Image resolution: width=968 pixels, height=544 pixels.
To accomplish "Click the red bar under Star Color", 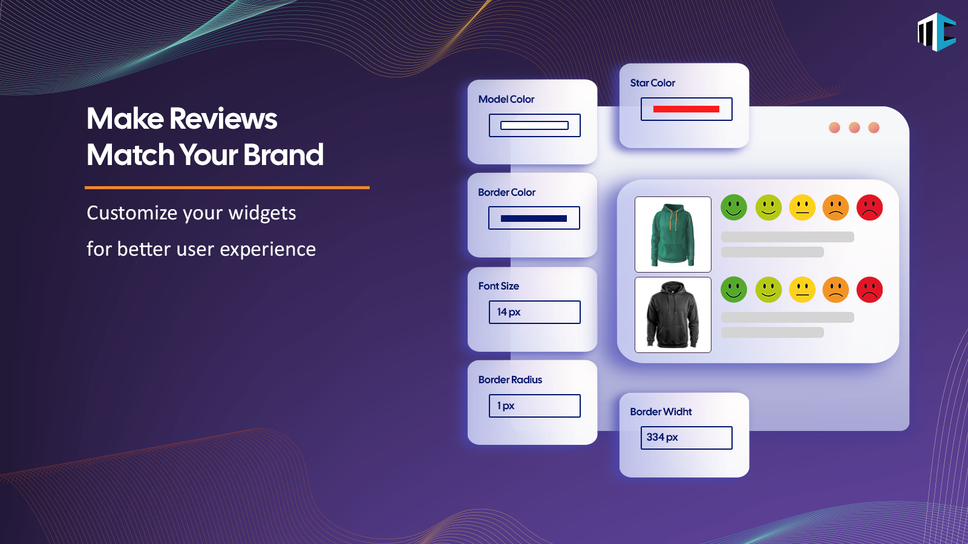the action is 686,109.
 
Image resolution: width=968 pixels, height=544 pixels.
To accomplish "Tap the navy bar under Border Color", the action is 534,218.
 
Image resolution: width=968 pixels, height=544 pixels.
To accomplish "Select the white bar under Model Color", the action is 534,126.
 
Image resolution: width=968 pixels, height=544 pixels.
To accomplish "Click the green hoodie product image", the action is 673,235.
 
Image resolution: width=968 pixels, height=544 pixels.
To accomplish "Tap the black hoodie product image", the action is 673,315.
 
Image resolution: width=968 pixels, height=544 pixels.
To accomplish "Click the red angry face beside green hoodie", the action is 869,208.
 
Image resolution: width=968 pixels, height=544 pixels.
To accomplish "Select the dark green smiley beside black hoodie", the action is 734,290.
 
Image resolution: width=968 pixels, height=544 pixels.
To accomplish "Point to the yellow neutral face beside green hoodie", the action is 802,208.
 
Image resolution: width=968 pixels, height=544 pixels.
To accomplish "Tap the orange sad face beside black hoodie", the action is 836,290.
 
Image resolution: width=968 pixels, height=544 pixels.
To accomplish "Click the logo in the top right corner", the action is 937,32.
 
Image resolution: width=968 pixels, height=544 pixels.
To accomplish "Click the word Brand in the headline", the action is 283,155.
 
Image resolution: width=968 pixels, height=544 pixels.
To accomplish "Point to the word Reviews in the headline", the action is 223,118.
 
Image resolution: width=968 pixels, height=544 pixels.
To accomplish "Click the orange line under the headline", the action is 227,188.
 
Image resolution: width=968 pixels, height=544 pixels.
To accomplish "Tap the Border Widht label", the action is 661,412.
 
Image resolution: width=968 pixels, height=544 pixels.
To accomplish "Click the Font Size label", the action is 499,286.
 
